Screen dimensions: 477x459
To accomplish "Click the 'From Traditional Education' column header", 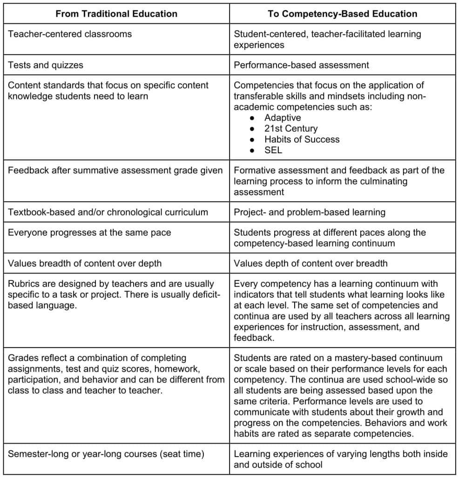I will tap(116, 14).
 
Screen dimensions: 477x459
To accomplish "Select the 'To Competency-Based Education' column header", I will tap(342, 14).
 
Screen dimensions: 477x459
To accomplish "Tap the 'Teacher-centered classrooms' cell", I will tap(70, 34).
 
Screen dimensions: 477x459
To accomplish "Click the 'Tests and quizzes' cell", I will tap(46, 65).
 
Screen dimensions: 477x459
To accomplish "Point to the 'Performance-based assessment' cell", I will tap(301, 65).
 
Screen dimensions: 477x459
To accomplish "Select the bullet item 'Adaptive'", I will tap(283, 118).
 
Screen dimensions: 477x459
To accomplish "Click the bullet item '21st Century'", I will tap(291, 129).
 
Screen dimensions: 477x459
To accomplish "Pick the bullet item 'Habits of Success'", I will tap(302, 139).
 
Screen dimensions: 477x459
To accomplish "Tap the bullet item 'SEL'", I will tap(273, 150).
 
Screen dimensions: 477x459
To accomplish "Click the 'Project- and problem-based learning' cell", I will tap(310, 212).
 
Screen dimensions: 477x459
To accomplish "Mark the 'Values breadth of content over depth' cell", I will tap(85, 264).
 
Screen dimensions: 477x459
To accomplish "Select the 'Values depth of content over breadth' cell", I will tap(310, 264).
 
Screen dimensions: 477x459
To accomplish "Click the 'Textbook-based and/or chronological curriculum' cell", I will tap(108, 212).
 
